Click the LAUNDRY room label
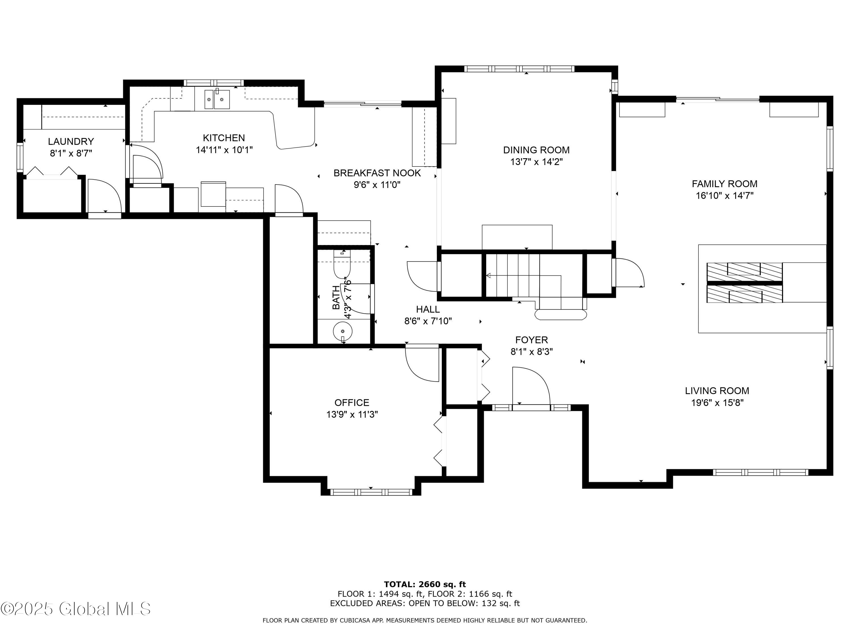tap(71, 141)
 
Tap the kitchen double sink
tap(217, 100)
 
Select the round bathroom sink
tap(342, 330)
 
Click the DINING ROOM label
tap(536, 150)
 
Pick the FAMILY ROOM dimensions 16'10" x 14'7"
tap(724, 196)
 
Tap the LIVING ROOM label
tap(717, 391)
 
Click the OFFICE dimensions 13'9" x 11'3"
tap(352, 415)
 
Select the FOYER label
tap(532, 340)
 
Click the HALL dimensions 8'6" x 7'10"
tap(428, 321)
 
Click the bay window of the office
tap(371, 492)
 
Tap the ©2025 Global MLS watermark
tap(75, 609)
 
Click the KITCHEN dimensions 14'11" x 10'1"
tap(224, 150)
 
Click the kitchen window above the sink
tap(214, 83)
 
